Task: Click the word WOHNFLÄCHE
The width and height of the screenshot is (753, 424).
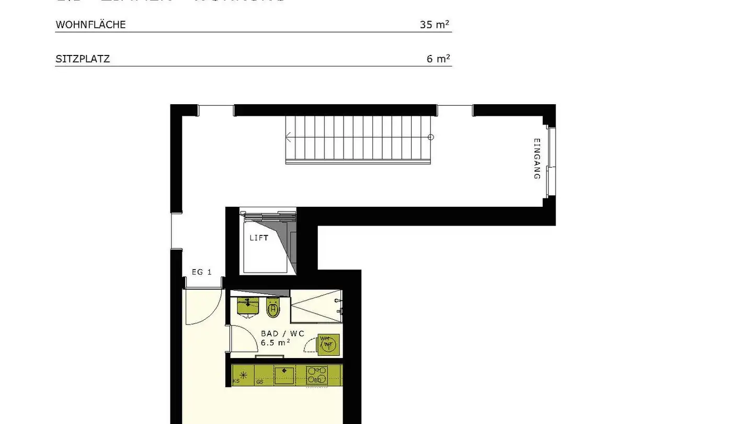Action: click(x=90, y=25)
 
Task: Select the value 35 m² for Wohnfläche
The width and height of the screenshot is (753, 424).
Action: click(x=435, y=25)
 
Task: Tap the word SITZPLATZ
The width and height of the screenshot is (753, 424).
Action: click(x=83, y=59)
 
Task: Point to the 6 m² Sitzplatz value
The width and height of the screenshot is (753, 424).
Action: click(x=438, y=59)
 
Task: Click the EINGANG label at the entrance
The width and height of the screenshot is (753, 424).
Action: click(x=537, y=159)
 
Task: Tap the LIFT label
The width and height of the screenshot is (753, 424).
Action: click(x=259, y=238)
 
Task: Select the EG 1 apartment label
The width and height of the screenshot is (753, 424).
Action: click(x=201, y=272)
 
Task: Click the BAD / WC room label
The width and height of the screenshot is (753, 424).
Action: click(x=282, y=333)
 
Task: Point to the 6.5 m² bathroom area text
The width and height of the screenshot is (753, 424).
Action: click(x=276, y=342)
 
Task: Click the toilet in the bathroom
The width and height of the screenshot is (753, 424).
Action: click(x=273, y=308)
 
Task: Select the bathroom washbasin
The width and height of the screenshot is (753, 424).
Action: click(x=248, y=306)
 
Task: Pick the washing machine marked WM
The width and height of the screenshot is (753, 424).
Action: click(x=327, y=343)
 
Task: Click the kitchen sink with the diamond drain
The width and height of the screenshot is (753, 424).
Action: click(x=284, y=375)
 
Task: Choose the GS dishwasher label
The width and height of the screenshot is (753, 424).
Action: click(x=260, y=382)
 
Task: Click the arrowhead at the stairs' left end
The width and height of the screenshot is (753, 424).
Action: click(x=288, y=138)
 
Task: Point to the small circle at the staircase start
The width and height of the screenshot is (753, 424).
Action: click(x=431, y=137)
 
